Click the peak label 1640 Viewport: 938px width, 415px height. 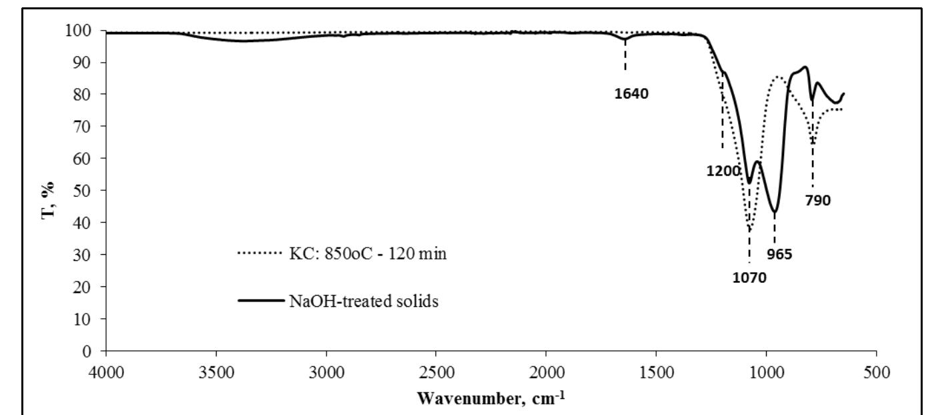[631, 93]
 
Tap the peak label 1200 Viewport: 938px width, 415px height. [723, 171]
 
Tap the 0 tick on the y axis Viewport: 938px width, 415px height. [94, 350]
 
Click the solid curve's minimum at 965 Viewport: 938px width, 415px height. [774, 212]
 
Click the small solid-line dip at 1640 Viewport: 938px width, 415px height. [625, 39]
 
